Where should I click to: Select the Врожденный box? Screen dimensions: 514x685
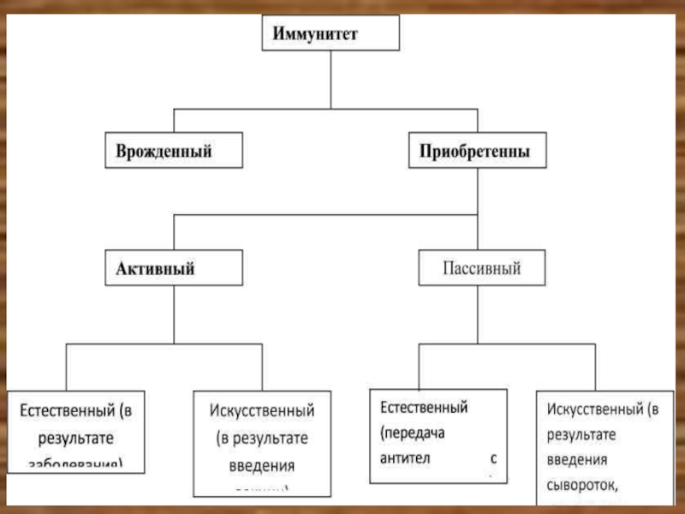click(x=173, y=151)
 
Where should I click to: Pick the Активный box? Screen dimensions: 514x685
click(x=173, y=269)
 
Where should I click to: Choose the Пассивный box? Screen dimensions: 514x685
click(x=481, y=269)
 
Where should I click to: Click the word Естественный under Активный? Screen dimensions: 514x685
click(x=68, y=411)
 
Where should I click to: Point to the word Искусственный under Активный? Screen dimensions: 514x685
click(x=261, y=411)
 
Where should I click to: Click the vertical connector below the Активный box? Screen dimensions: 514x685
click(x=174, y=314)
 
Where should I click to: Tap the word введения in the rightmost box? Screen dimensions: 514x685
click(x=583, y=460)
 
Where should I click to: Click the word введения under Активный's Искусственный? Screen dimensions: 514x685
click(x=261, y=466)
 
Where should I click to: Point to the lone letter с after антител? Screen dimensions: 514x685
click(x=494, y=457)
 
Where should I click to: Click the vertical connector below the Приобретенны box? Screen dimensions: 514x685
click(x=478, y=190)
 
